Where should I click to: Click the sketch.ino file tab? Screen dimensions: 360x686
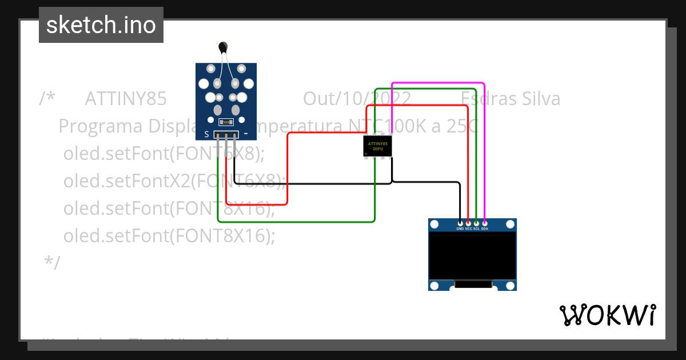pos(101,25)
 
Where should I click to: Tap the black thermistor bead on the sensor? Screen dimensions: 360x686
pos(223,47)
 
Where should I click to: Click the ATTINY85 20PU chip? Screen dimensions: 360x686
pos(378,146)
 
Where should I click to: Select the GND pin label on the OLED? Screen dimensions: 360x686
pos(460,229)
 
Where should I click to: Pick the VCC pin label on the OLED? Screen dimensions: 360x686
pos(468,229)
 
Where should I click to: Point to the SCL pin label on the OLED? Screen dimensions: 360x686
pos(476,229)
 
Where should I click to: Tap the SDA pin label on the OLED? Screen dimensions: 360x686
pos(484,229)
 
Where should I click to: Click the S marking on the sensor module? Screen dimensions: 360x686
pos(206,135)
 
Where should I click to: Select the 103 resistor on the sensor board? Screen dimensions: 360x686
pos(226,122)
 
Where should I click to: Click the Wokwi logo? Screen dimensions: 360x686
pos(608,315)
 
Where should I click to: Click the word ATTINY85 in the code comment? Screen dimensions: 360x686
pos(126,99)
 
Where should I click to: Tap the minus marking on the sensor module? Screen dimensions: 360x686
pos(246,135)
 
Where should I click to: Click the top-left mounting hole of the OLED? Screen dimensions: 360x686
pos(434,224)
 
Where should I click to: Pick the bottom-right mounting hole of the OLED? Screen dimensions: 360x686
pos(510,285)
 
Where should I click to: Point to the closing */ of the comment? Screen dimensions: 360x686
pos(52,262)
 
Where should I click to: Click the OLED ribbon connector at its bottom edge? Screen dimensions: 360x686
pos(473,284)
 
